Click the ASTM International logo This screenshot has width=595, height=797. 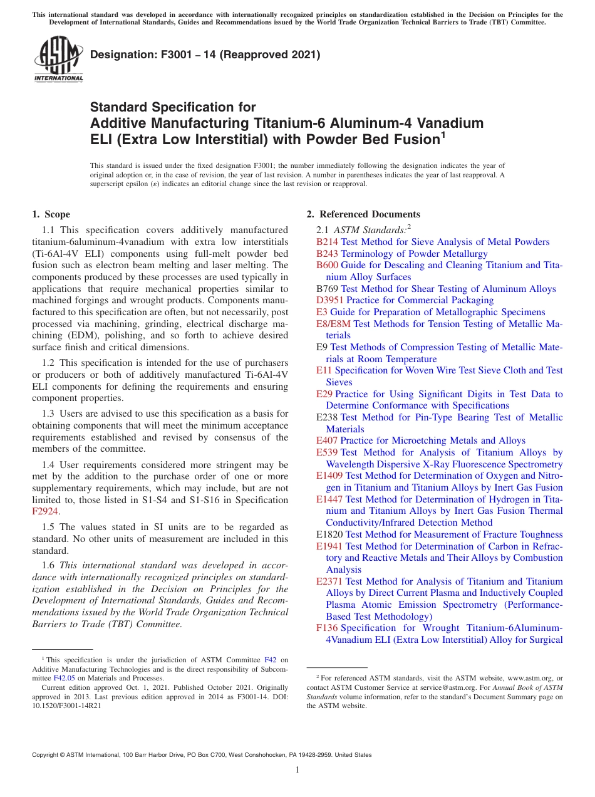click(x=58, y=59)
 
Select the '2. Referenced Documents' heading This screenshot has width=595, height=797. click(x=363, y=214)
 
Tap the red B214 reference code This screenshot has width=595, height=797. click(x=327, y=242)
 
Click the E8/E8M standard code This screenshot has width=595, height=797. click(x=334, y=324)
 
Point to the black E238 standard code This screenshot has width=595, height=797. click(x=327, y=417)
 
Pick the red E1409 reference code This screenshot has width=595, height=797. click(x=329, y=476)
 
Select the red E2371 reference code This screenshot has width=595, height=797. click(x=329, y=581)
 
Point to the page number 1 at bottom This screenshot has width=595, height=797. click(x=297, y=769)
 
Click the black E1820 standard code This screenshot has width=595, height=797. click(x=329, y=534)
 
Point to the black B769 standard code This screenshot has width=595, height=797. click(x=327, y=289)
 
